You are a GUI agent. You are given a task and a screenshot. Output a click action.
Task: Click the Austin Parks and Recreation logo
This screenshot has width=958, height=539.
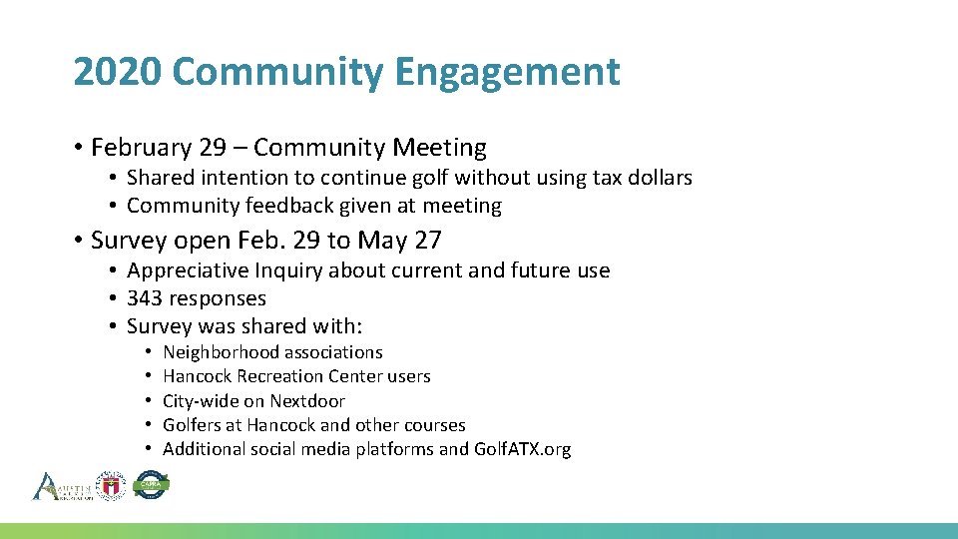click(x=62, y=486)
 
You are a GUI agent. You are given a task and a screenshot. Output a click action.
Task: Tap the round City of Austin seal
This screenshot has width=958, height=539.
click(x=110, y=485)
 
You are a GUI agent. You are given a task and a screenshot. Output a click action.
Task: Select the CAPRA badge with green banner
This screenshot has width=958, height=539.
click(x=151, y=485)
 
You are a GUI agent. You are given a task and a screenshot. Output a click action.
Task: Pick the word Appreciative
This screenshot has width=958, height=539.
click(x=190, y=270)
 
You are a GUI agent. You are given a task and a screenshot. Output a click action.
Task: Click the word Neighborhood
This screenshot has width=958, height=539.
click(x=221, y=352)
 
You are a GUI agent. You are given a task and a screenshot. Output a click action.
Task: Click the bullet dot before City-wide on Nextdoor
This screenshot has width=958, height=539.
click(x=146, y=401)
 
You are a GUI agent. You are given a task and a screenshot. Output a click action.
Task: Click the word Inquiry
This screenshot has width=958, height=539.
click(x=289, y=270)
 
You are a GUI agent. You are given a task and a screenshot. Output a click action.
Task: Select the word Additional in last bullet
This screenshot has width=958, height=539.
click(x=203, y=449)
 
